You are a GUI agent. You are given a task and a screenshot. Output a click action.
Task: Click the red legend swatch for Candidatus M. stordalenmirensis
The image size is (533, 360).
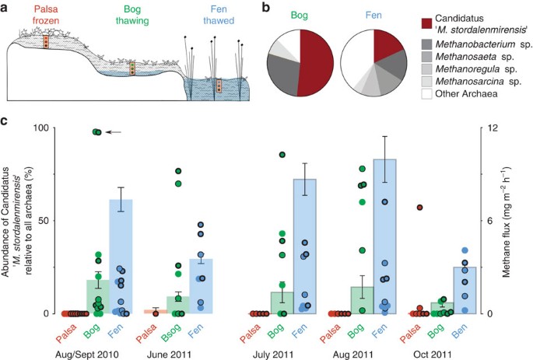[x=426, y=24]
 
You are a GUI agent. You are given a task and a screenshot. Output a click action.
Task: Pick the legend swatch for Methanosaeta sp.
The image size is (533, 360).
[x=426, y=57]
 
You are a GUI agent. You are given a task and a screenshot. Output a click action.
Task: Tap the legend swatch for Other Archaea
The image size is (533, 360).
[x=426, y=94]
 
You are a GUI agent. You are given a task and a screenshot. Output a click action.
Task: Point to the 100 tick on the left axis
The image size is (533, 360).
[x=41, y=128]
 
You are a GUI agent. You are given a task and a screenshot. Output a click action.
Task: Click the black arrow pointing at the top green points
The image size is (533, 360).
[x=113, y=132]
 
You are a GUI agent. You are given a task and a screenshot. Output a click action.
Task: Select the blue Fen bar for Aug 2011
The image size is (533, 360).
[x=385, y=236]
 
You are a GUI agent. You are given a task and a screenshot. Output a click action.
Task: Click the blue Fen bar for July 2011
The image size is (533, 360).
[x=304, y=246]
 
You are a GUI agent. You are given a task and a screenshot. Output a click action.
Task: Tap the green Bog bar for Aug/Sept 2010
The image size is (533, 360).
[x=98, y=296]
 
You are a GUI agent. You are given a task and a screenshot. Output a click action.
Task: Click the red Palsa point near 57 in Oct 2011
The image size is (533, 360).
[x=420, y=208]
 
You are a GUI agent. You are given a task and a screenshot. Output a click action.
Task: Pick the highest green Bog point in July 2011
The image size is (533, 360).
[x=282, y=155]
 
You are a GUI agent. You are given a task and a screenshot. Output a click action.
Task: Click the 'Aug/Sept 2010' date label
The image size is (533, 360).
[x=87, y=355]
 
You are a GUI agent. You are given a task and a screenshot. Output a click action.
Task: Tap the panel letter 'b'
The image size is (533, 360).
[x=266, y=8]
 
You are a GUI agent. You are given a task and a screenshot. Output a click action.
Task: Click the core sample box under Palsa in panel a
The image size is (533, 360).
[x=46, y=42]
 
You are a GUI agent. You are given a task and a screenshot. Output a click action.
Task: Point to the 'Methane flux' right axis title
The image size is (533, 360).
[x=507, y=222]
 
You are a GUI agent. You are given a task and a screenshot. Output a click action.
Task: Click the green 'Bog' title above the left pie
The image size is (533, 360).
[x=299, y=16]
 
